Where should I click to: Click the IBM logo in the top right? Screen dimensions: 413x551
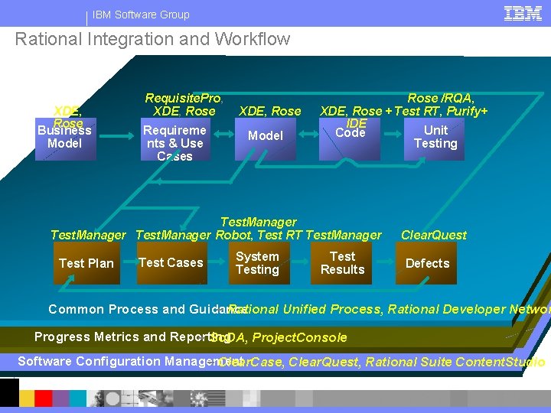(523, 13)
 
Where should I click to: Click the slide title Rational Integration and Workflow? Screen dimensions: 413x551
(153, 39)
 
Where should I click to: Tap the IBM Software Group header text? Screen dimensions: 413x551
(141, 15)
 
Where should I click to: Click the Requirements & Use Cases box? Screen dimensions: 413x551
(174, 141)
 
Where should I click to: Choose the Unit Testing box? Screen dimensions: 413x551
(435, 138)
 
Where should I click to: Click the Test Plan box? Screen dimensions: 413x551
(86, 264)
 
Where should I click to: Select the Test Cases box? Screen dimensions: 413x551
(171, 263)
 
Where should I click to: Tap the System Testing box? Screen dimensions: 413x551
(257, 264)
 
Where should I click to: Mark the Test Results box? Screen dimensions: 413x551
(342, 264)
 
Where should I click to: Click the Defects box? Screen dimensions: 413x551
(427, 264)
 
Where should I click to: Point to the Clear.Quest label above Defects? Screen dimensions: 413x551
(434, 235)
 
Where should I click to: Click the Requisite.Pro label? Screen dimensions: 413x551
(183, 98)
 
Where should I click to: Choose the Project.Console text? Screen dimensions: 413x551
(299, 338)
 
